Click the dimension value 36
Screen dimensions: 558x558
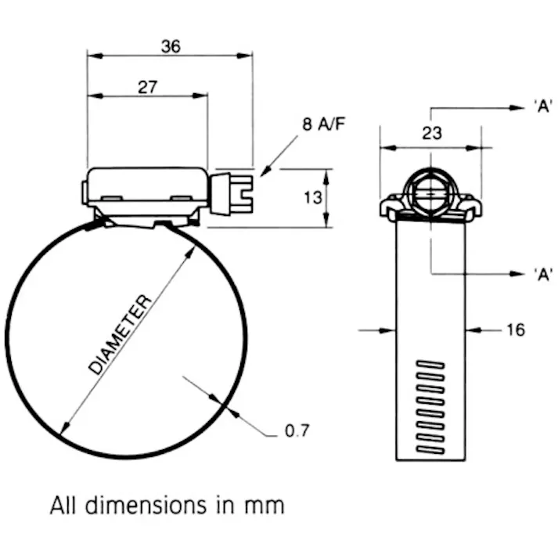click(171, 46)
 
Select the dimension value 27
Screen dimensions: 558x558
click(147, 87)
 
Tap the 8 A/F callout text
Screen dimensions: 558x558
click(323, 124)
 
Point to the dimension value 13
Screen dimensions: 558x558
click(312, 198)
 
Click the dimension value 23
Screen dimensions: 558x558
click(431, 133)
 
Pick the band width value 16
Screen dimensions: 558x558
click(515, 329)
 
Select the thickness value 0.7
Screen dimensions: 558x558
click(297, 430)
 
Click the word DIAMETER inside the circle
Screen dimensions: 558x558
click(118, 335)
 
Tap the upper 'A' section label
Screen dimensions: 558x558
click(543, 107)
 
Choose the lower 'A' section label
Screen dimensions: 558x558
click(543, 273)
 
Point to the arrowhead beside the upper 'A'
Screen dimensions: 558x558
click(517, 107)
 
